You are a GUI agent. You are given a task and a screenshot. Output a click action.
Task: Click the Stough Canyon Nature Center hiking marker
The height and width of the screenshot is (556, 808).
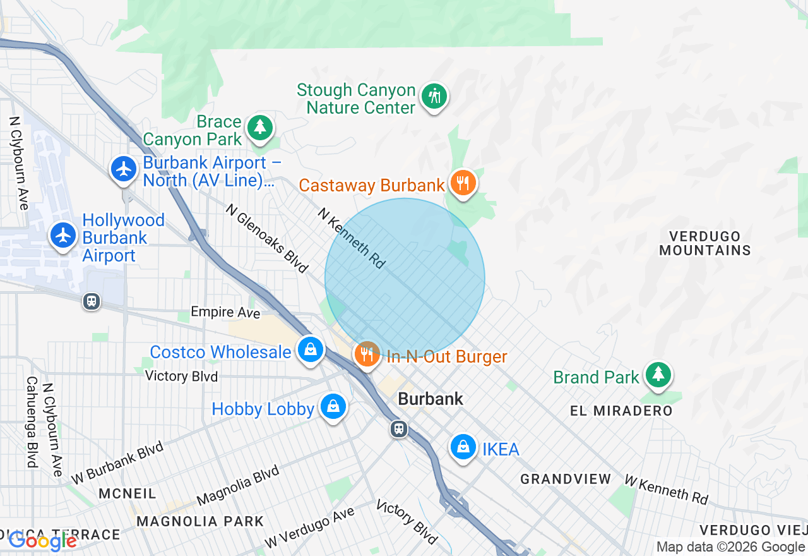click(x=434, y=97)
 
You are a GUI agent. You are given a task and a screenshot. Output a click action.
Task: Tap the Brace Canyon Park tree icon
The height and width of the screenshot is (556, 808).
click(x=259, y=127)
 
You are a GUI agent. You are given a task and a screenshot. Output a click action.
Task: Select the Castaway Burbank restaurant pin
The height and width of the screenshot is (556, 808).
click(x=463, y=183)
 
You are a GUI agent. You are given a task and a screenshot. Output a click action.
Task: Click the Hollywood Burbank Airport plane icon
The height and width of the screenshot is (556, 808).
click(x=63, y=235)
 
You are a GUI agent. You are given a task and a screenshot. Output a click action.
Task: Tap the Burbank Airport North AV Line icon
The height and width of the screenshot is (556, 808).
click(x=124, y=169)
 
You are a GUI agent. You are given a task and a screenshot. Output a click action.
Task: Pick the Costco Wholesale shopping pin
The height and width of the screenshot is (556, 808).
click(x=310, y=349)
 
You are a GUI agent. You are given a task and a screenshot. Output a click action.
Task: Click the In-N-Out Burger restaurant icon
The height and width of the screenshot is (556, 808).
click(x=367, y=353)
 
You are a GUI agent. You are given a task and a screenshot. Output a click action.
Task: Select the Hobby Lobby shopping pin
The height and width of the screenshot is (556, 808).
click(x=333, y=406)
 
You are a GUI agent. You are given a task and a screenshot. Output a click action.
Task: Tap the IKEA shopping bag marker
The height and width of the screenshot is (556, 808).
click(x=463, y=447)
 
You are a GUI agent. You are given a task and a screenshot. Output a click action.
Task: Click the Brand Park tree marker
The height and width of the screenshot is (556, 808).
click(x=658, y=375)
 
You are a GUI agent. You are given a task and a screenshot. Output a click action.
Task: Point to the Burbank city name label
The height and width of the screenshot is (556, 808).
click(x=431, y=399)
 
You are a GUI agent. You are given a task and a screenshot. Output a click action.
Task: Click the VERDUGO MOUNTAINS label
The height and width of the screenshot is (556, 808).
click(x=705, y=243)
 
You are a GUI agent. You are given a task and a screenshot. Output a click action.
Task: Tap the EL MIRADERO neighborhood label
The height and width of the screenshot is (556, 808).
click(x=621, y=411)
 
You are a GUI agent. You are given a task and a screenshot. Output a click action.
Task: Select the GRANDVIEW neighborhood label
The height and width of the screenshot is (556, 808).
click(x=566, y=480)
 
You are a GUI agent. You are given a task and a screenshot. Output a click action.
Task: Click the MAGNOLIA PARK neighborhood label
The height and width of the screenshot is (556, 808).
click(x=200, y=522)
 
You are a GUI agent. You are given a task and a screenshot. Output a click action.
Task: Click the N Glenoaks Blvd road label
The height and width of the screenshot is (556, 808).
click(x=266, y=239)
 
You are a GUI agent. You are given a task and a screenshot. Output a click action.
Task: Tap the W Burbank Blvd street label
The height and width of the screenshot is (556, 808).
click(x=117, y=462)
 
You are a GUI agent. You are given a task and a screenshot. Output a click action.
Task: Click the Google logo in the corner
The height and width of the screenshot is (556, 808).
click(x=42, y=541)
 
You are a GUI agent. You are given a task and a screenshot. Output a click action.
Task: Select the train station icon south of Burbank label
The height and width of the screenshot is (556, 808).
click(x=398, y=429)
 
